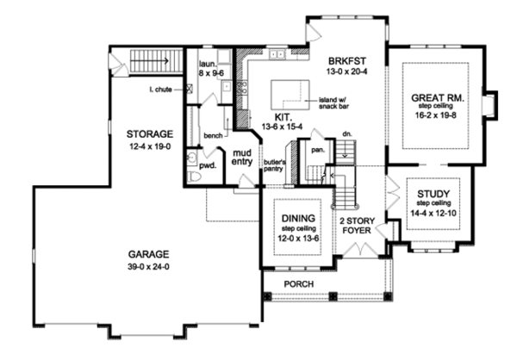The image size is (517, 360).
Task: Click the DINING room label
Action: coord(297,219)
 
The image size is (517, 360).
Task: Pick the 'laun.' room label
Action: coord(207,64)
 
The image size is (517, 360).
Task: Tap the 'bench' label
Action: coord(214,135)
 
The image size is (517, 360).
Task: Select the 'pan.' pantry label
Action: coord(317,147)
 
